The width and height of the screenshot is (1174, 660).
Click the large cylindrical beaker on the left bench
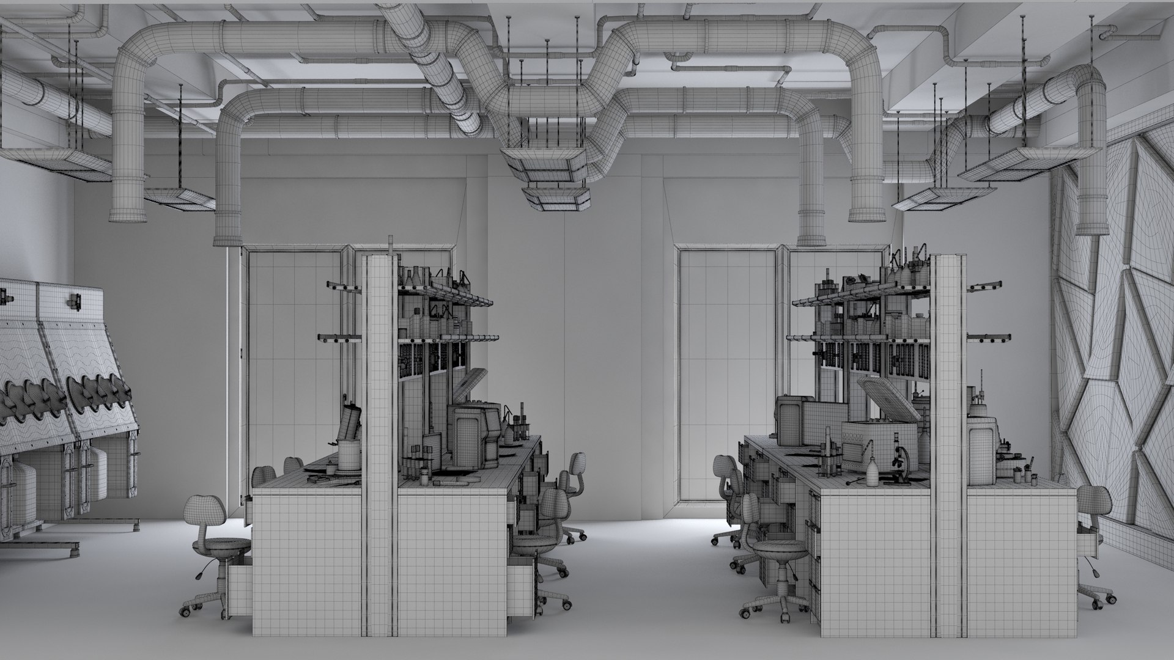[x=350, y=455]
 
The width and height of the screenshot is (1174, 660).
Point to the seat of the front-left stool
[x=221, y=544]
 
